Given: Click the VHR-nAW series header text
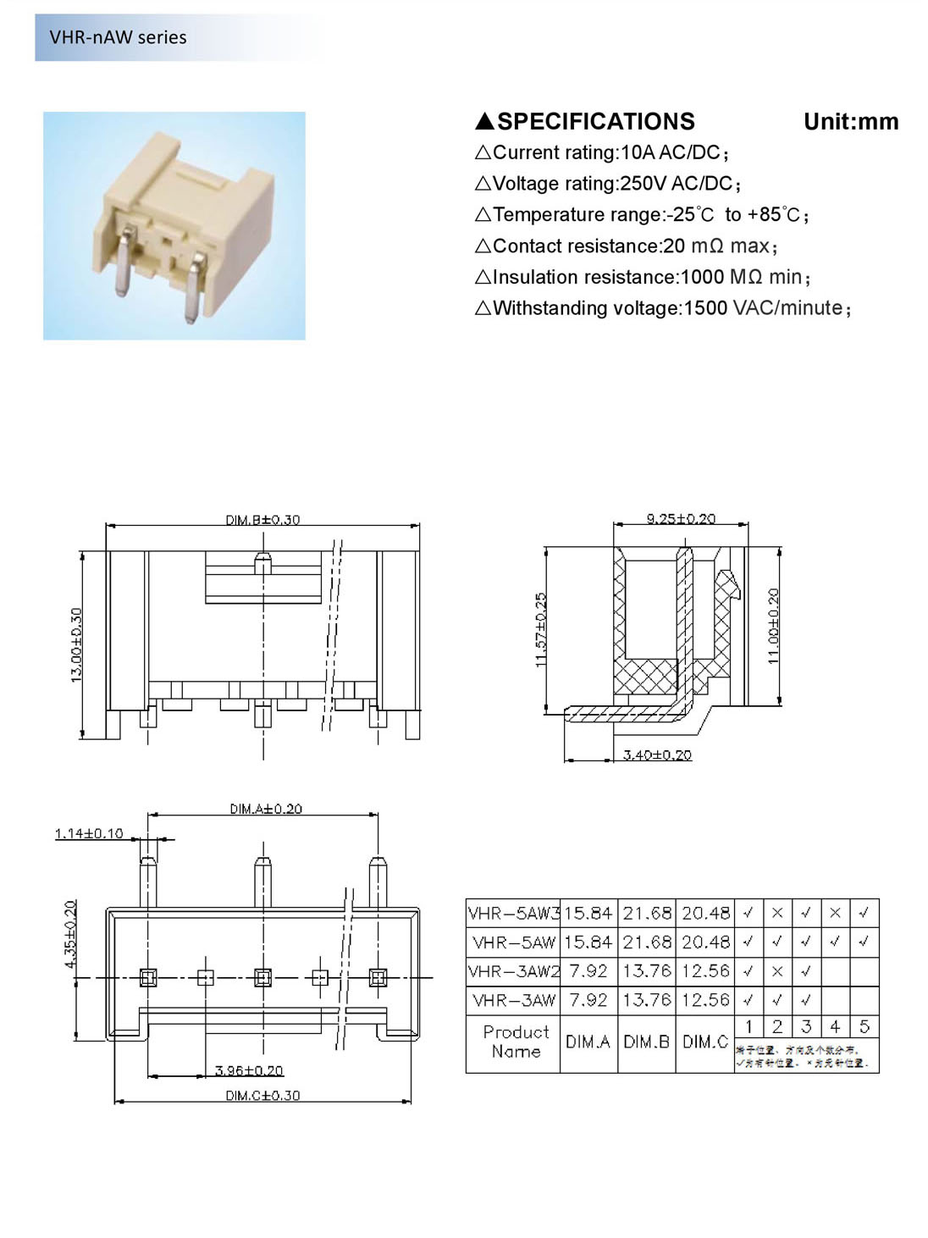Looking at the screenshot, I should [x=118, y=37].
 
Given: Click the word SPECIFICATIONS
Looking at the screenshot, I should [x=595, y=122].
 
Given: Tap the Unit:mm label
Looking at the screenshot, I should [x=850, y=122].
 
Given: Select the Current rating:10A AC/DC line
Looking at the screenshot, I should [x=602, y=153].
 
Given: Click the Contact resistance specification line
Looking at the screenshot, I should [x=626, y=246].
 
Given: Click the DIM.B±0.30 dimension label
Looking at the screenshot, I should [x=262, y=519].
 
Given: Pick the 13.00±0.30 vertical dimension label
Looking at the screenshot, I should [x=77, y=645].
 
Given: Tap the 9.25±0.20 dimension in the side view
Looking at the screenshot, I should [x=681, y=518].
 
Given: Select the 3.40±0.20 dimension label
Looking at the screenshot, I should [x=657, y=754].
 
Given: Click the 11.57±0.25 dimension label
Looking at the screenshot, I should [x=542, y=630].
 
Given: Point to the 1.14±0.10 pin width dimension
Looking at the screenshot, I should [x=89, y=833].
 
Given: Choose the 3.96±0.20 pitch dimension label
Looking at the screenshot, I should [x=249, y=1070].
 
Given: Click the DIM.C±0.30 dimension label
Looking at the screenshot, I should [x=262, y=1095].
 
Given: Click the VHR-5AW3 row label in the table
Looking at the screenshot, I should [x=513, y=914].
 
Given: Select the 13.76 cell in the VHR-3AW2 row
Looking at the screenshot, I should [x=647, y=971].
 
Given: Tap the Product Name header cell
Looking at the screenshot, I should [x=516, y=1042].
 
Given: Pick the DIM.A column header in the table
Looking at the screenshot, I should [x=588, y=1042].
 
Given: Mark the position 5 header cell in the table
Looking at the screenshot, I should [x=864, y=1026].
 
